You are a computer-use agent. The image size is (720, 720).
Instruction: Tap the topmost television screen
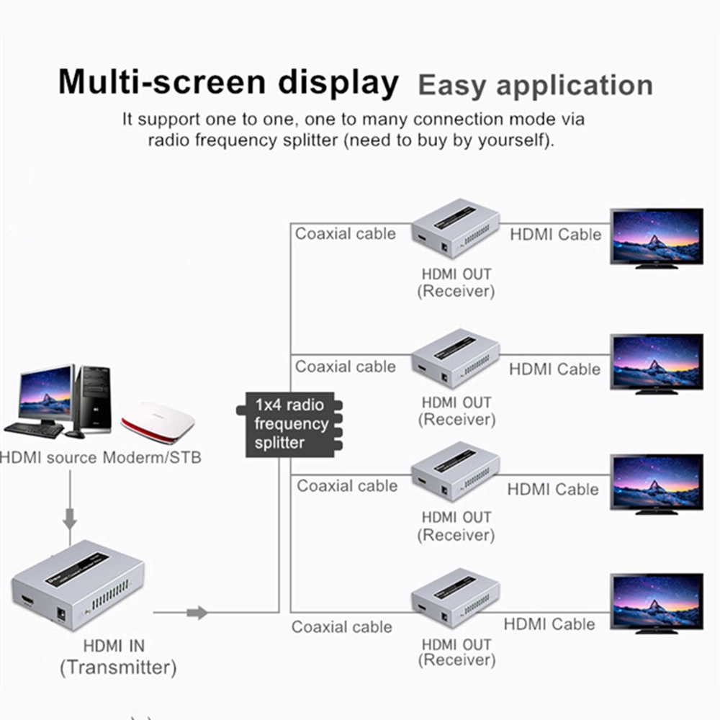click(656, 235)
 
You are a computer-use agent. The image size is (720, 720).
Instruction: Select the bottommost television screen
click(656, 601)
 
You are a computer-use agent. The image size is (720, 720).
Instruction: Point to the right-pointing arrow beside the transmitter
click(197, 613)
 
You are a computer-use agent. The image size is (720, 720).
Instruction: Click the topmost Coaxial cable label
click(346, 233)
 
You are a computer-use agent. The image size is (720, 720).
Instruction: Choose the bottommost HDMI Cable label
click(549, 624)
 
